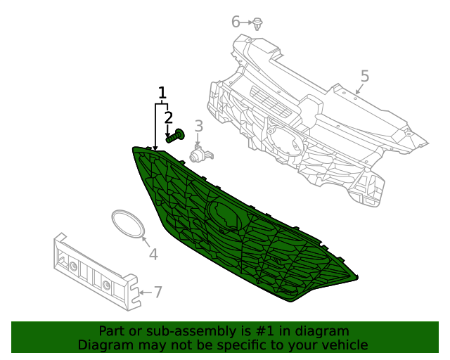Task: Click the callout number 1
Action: [x=162, y=93]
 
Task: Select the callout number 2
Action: [x=169, y=117]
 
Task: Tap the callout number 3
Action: [x=199, y=126]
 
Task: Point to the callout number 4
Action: [x=153, y=254]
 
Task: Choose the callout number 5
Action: [x=364, y=76]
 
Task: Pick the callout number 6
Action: [x=236, y=22]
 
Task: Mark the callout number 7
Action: [x=158, y=292]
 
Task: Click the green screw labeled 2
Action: [x=175, y=135]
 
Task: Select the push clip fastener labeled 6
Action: [x=258, y=23]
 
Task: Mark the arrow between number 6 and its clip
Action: [x=247, y=22]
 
